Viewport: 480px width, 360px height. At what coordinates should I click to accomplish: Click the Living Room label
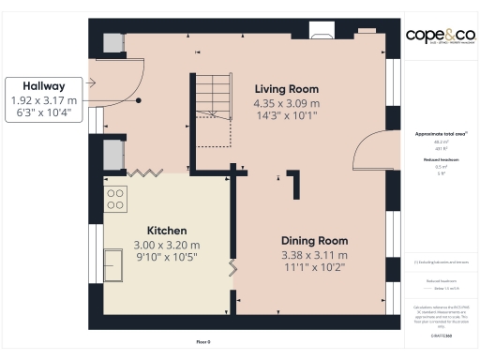(288, 89)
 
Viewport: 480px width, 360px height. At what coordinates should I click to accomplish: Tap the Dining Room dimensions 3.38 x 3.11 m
(315, 254)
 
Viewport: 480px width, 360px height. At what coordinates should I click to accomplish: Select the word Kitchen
(167, 231)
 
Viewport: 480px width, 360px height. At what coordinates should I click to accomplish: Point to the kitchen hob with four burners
(115, 198)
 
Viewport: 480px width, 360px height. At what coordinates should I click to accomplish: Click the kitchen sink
(113, 151)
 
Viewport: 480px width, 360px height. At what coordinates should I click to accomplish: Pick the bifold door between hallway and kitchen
(146, 172)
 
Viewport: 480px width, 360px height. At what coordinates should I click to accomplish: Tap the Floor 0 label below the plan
(202, 342)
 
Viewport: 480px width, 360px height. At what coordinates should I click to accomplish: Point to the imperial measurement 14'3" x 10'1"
(288, 116)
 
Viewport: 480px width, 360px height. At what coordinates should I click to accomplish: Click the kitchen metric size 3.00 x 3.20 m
(167, 245)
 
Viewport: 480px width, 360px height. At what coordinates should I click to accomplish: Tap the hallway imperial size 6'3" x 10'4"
(43, 112)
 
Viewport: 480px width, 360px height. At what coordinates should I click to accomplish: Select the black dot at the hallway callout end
(139, 99)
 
